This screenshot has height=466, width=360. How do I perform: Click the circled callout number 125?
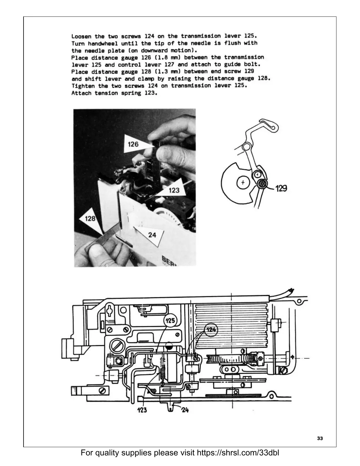pos(170,321)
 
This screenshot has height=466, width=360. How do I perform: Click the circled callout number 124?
pos(211,329)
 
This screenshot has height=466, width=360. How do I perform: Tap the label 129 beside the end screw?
pos(281,188)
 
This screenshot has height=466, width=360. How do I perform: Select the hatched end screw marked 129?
pos(262,184)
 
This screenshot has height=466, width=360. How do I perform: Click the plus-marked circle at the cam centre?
pos(243,183)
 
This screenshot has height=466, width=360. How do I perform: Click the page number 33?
pos(320,447)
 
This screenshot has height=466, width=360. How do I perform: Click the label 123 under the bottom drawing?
pos(142,410)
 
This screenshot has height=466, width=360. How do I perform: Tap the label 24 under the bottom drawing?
pos(185,409)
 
